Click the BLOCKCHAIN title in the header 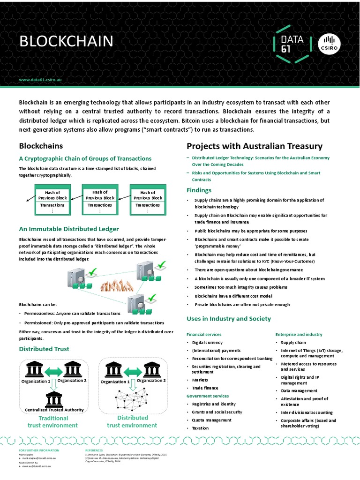point(66,42)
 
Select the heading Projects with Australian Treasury point(255,146)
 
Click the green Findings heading point(199,190)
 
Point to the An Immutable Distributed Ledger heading point(68,229)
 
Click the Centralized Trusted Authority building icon point(54,398)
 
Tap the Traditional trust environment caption point(53,421)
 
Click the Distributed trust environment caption point(133,421)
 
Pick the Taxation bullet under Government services point(200,428)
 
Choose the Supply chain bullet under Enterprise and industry point(293,343)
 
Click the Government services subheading point(208,396)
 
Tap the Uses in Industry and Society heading point(229,319)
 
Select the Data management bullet point(299,390)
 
